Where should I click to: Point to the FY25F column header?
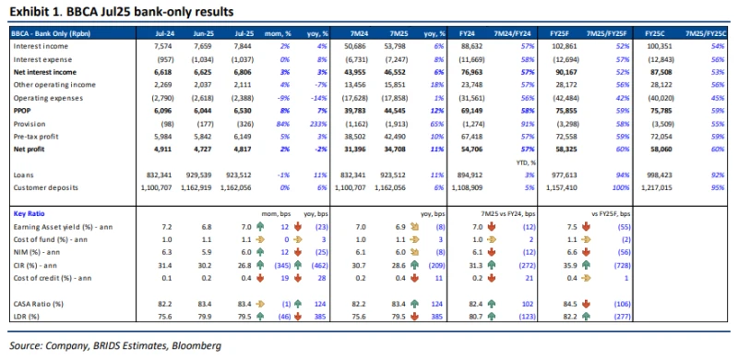578,31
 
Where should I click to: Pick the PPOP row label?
22,109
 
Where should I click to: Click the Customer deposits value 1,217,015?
673,186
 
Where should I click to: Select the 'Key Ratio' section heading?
30,213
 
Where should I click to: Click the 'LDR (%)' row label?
28,317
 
